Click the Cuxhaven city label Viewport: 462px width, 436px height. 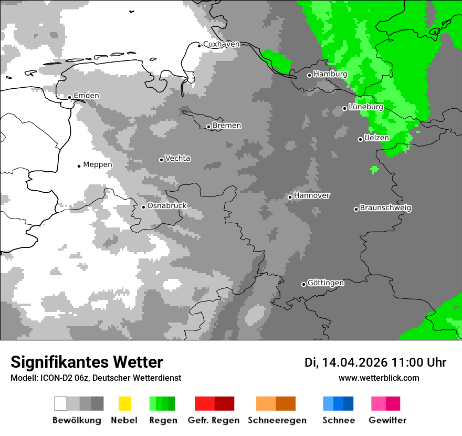pyautogui.click(x=221, y=44)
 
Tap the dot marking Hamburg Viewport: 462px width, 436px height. pyautogui.click(x=310, y=75)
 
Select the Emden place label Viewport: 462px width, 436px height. pyautogui.click(x=86, y=96)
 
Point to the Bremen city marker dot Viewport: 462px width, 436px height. pyautogui.click(x=208, y=127)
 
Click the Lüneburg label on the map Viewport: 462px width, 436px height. pyautogui.click(x=366, y=107)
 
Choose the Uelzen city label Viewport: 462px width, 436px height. pyautogui.click(x=376, y=138)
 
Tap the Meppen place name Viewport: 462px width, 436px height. pyautogui.click(x=98, y=164)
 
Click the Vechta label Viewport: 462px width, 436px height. pyautogui.click(x=178, y=158)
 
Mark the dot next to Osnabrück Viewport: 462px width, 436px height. pyautogui.click(x=143, y=207)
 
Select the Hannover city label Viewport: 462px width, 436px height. pyautogui.click(x=312, y=195)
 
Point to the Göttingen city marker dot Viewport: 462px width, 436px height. pyautogui.click(x=303, y=284)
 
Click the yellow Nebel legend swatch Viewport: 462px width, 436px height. pyautogui.click(x=124, y=403)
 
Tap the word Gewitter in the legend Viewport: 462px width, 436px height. pyautogui.click(x=387, y=420)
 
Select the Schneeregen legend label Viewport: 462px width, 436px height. pyautogui.click(x=277, y=420)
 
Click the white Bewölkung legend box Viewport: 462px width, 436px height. pyautogui.click(x=61, y=403)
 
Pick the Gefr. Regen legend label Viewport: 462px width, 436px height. pyautogui.click(x=214, y=420)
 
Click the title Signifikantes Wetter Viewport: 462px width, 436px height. pyautogui.click(x=87, y=362)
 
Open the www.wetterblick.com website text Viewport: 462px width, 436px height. pyautogui.click(x=379, y=378)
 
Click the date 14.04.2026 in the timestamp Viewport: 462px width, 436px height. pyautogui.click(x=354, y=362)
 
